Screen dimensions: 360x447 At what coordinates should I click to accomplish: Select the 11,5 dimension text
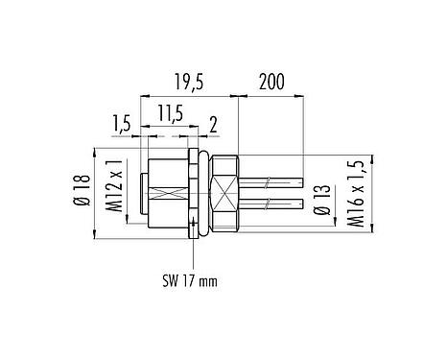pyautogui.click(x=170, y=114)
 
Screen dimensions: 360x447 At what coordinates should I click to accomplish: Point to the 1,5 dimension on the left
pyautogui.click(x=121, y=125)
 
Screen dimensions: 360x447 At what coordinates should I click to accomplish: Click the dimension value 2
pyautogui.click(x=213, y=125)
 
